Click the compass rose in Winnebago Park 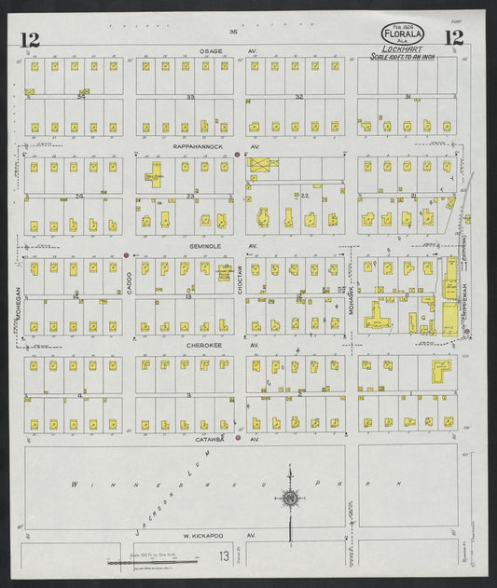[291, 499]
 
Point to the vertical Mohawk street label [352, 296]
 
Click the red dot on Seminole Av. [126, 253]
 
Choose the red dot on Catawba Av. [239, 437]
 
